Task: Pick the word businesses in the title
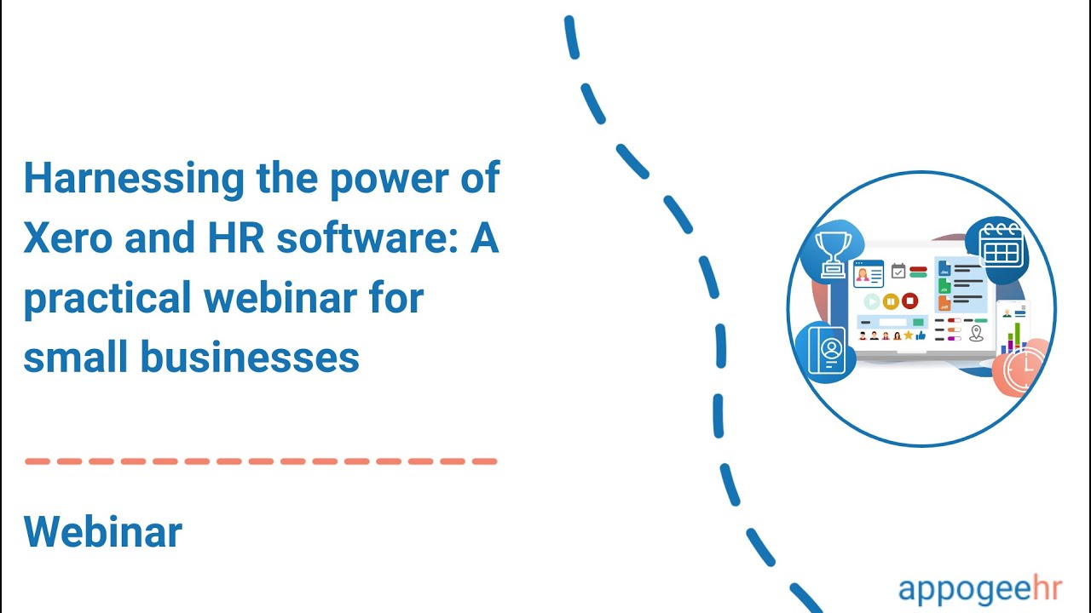[250, 358]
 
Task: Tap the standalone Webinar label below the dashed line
[103, 532]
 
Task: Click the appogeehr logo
[978, 588]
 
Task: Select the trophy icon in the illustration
[832, 254]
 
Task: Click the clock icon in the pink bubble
[1025, 366]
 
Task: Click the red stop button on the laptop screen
[909, 301]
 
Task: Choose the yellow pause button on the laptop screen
[891, 301]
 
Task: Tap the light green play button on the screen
[871, 301]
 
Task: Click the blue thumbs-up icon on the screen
[921, 336]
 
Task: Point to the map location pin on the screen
[977, 333]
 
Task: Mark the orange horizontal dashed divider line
[261, 461]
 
